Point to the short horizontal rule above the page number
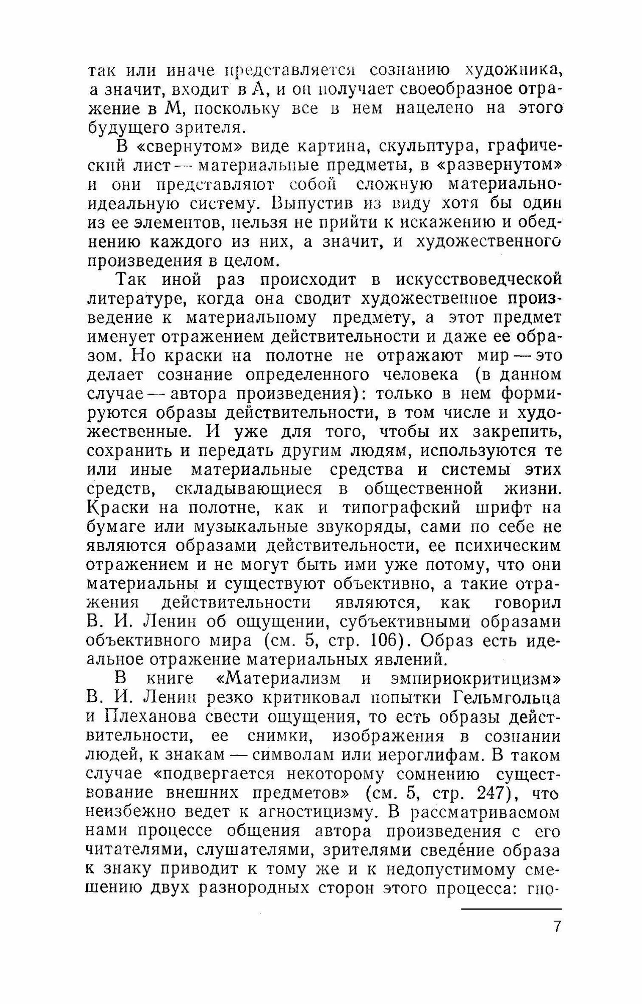511,908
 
